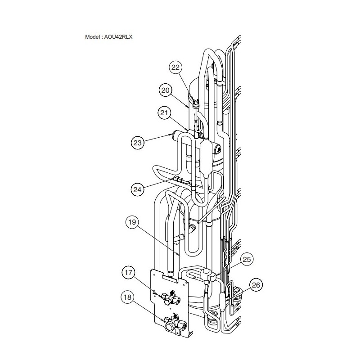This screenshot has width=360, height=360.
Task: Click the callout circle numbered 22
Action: [175, 67]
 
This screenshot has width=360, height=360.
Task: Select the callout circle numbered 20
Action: [165, 90]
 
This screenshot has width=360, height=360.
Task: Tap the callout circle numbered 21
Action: [164, 113]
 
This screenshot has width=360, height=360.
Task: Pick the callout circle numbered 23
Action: [138, 143]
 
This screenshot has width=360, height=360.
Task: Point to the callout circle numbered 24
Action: [138, 189]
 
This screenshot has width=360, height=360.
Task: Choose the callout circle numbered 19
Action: [132, 222]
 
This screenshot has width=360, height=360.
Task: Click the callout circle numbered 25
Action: [247, 260]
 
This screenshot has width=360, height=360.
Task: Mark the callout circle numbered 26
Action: [256, 285]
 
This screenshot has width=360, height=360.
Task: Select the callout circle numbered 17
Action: [129, 273]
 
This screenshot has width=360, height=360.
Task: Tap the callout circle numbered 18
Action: [127, 297]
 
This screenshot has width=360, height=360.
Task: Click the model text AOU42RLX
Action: [118, 37]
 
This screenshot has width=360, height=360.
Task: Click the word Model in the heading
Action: [92, 37]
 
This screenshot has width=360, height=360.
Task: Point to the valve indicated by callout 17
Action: [171, 298]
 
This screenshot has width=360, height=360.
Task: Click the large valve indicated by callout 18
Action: [175, 323]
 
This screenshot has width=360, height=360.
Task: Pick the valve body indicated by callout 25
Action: [208, 275]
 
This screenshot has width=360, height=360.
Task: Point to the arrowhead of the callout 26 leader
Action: [227, 299]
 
